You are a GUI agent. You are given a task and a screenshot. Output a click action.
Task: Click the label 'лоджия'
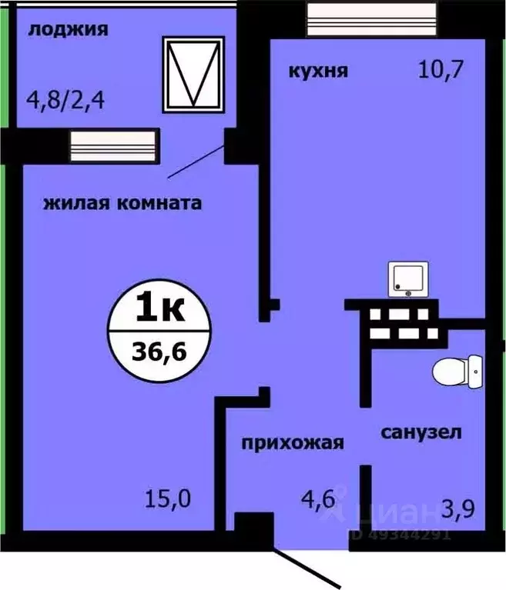tap(67, 31)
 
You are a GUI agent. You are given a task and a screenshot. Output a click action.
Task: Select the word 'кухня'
tap(318, 72)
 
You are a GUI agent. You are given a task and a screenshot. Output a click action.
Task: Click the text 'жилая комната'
tap(122, 204)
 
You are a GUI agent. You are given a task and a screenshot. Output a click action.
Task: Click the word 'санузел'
tap(421, 432)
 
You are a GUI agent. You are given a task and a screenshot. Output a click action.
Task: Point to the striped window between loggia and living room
tap(112, 145)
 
